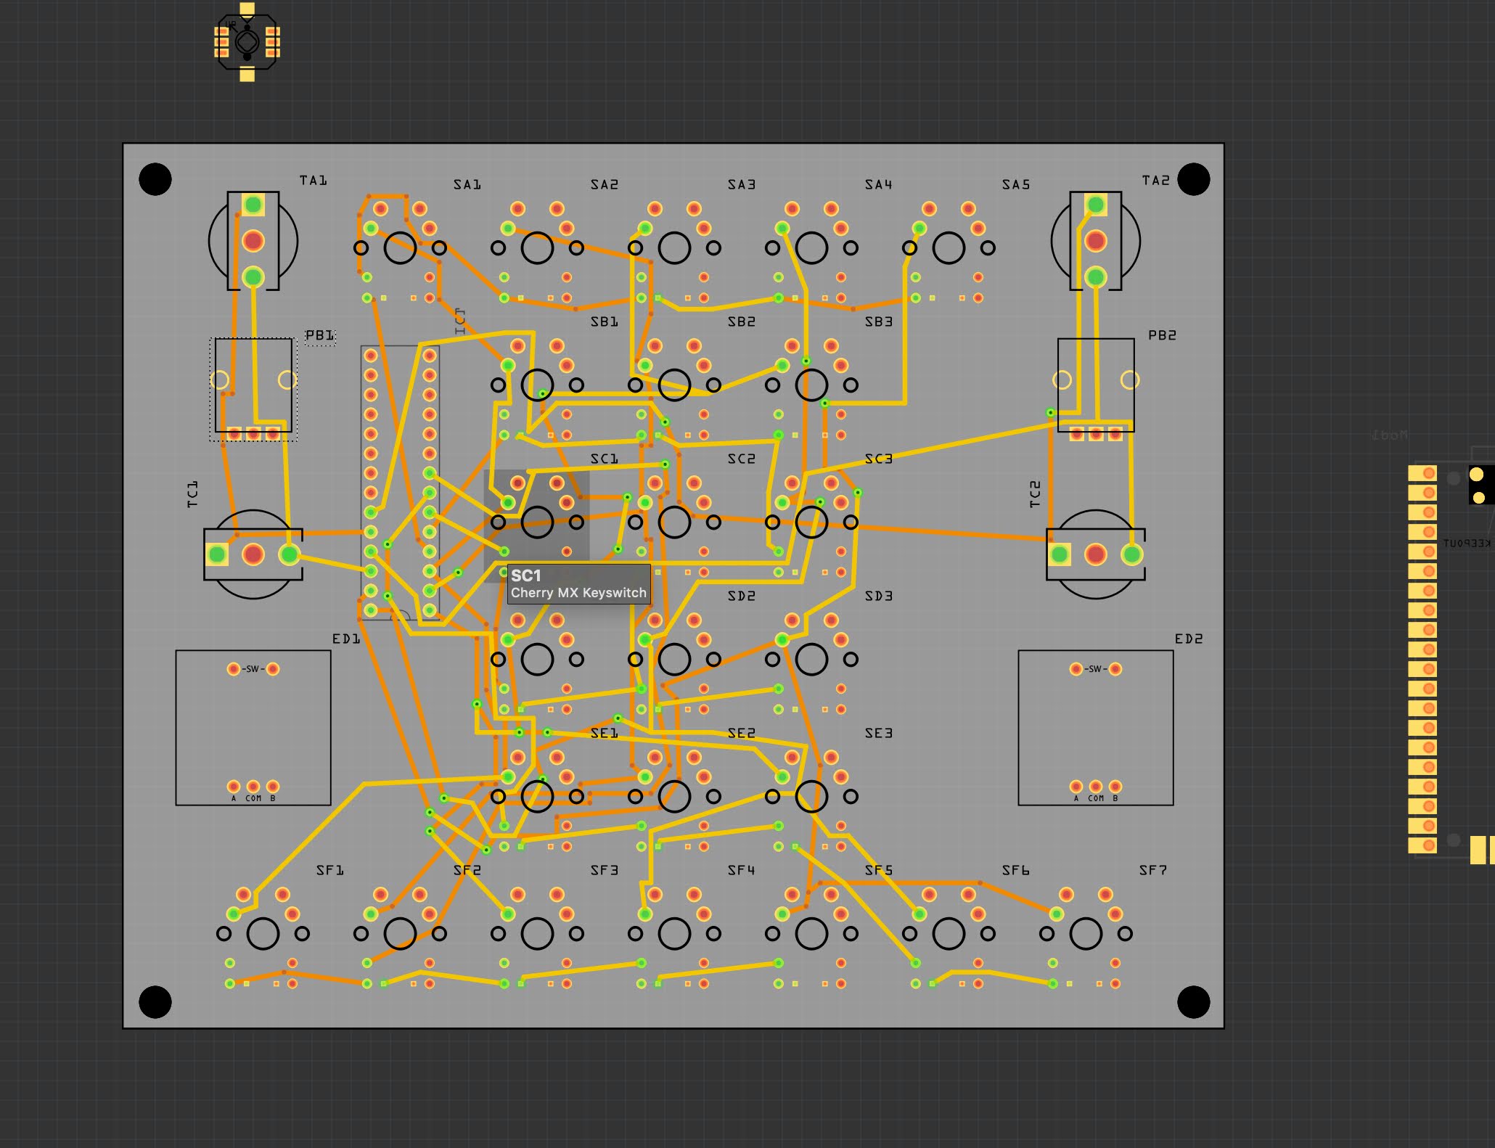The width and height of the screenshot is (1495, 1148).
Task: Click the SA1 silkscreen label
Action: [x=467, y=184]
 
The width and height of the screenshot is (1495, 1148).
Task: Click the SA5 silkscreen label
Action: [x=1015, y=184]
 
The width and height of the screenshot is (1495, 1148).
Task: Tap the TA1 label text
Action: [x=313, y=180]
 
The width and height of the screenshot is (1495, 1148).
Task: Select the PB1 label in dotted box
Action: [x=319, y=335]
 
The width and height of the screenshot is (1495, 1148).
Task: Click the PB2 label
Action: [x=1162, y=335]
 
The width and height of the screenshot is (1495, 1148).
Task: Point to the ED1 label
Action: [x=345, y=639]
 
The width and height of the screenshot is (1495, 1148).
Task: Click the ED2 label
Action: [x=1188, y=639]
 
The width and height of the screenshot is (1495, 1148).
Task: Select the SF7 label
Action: [x=1152, y=869]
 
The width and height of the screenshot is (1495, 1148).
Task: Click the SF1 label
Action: [x=329, y=869]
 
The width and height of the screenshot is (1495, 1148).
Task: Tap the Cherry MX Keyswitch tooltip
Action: [x=578, y=584]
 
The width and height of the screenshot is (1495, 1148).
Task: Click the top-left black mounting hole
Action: [x=155, y=179]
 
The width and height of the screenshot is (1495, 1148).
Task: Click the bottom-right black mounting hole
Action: [x=1193, y=1002]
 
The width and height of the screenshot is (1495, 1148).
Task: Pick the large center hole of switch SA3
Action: [x=674, y=248]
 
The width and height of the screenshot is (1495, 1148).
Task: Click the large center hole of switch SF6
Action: [x=949, y=934]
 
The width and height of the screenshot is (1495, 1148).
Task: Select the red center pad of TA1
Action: [x=253, y=240]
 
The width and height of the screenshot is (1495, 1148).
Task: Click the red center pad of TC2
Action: [x=1095, y=554]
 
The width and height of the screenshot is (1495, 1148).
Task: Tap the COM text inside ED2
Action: [x=1095, y=798]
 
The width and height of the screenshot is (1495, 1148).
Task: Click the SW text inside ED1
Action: [x=253, y=669]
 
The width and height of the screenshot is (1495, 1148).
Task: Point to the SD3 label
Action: [x=878, y=596]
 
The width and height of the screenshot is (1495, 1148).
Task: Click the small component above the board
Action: [x=247, y=42]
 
